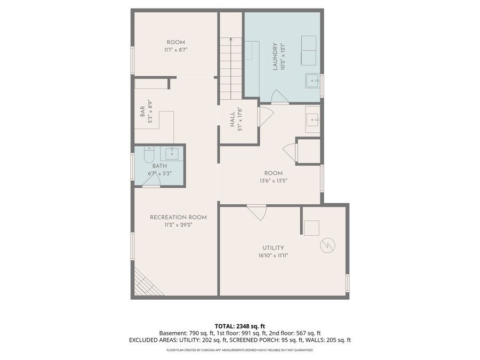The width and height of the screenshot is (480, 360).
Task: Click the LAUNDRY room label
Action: (x=276, y=57)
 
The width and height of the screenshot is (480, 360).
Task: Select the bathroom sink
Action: (x=171, y=154)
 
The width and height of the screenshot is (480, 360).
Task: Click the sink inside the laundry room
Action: (x=312, y=81)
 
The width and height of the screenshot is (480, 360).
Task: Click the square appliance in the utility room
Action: (x=311, y=228)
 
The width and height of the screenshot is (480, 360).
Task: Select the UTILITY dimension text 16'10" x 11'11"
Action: (x=273, y=255)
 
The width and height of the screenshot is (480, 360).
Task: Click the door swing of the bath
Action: (x=151, y=182)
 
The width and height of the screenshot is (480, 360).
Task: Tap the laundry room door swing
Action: (x=279, y=97)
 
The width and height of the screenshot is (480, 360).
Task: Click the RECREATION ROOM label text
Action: (x=178, y=217)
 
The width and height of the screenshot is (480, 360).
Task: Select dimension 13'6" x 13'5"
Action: (x=273, y=181)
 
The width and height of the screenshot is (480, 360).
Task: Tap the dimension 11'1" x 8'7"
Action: (x=175, y=50)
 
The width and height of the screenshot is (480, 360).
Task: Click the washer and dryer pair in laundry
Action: (x=308, y=49)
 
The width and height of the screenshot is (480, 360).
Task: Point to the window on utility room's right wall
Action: (x=347, y=283)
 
